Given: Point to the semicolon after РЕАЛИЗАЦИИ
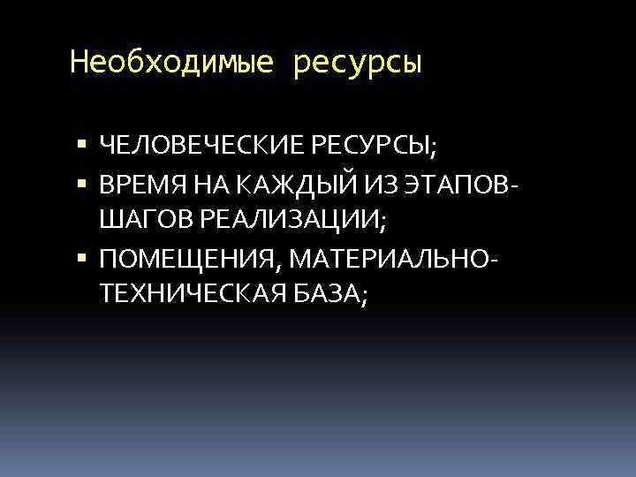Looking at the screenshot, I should (382, 223).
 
